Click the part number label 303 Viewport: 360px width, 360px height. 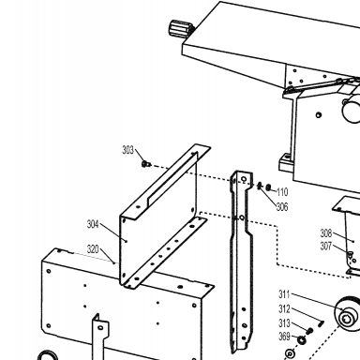coord(127,150)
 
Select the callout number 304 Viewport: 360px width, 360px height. coord(93,224)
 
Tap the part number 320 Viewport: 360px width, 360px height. coord(93,249)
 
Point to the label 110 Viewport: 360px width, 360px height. coord(282,192)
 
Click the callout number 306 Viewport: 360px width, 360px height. coord(282,207)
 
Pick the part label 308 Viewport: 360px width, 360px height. coord(326,233)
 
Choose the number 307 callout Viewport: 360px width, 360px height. coord(326,247)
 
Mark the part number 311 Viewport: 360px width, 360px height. coord(284,294)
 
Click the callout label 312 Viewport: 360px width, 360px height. coord(284,308)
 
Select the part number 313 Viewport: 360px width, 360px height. coord(284,322)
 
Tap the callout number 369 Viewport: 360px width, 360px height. coord(284,337)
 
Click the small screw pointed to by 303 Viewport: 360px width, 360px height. coord(145,164)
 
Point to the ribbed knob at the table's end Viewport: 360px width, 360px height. coord(180,29)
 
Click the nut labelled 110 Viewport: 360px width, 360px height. coord(268,187)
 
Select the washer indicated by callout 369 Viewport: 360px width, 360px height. coord(302,339)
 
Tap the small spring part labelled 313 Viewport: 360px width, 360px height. coord(309,331)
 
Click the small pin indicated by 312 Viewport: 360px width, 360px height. coord(322,323)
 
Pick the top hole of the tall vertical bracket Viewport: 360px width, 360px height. coord(244,179)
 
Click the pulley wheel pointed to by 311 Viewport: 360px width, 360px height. coord(348,313)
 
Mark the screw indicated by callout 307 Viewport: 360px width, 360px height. coord(351,254)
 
